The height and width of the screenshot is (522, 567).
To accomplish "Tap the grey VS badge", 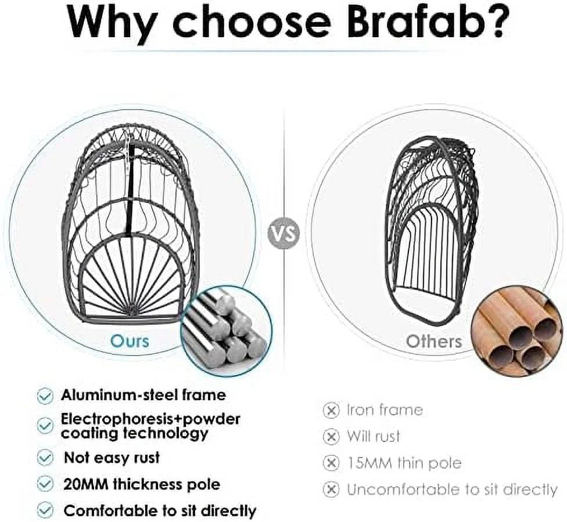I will [x=284, y=234].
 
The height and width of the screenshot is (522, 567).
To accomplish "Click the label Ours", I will [x=129, y=340].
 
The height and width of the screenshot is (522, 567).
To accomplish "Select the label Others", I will [x=434, y=341].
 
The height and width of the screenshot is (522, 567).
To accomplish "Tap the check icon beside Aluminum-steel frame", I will [x=45, y=396].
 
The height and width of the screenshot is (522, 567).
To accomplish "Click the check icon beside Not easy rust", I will [x=45, y=458].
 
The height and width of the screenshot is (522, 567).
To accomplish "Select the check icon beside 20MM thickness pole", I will [x=45, y=483].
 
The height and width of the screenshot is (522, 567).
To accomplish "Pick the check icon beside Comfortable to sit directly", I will [x=45, y=510].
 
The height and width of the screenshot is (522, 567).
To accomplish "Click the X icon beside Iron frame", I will [x=331, y=411].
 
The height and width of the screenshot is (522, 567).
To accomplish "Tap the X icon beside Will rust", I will [x=331, y=436].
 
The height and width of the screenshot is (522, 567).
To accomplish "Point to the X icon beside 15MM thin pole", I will [x=331, y=463].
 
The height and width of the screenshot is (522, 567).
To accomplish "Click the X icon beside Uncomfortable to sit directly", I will [x=331, y=490].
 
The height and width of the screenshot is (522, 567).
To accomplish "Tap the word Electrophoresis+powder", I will [x=150, y=419].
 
